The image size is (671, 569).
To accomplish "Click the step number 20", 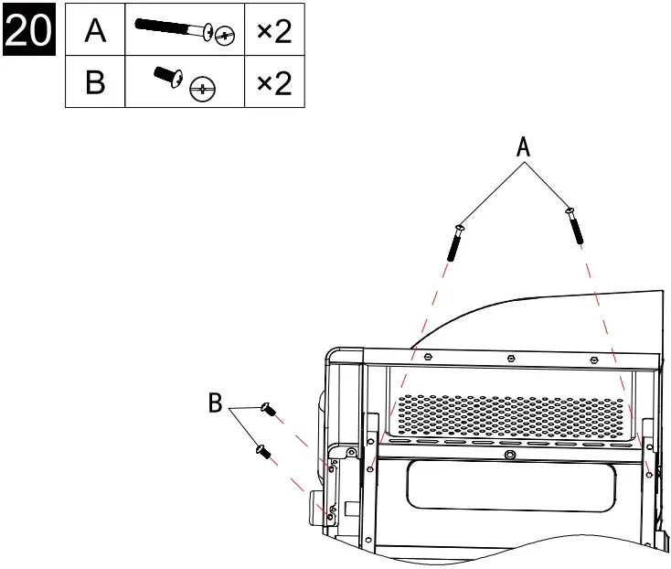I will pos(28,32).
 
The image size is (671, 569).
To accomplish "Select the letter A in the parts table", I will pos(94,32).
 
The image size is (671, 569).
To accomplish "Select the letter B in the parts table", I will pos(94,84).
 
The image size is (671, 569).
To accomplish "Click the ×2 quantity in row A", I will pos(274,32).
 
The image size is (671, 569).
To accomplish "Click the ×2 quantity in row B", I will pos(274,84).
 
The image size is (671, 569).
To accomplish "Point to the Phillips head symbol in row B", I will pos(202,90).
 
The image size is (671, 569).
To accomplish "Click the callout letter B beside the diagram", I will pos(216,403).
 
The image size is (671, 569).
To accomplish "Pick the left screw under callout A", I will pos(455,241).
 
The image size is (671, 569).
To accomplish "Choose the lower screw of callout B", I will pos(262,449).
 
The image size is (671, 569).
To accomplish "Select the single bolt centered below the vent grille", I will pos(508,455).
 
